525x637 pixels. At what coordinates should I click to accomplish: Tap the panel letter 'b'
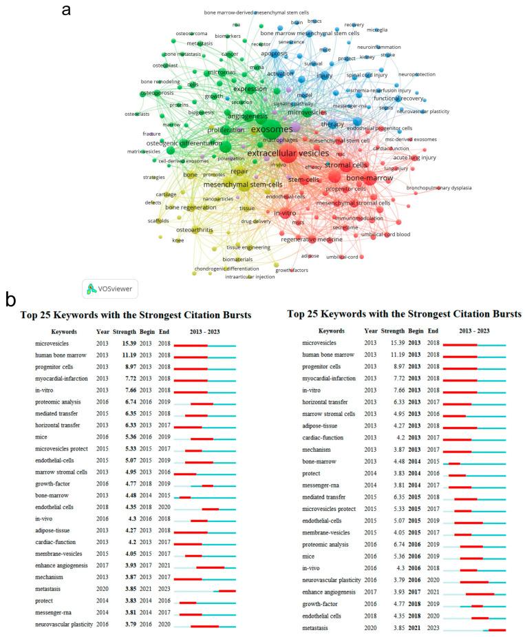coord(10,300)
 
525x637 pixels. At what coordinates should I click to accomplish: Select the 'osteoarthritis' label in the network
coord(195,229)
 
